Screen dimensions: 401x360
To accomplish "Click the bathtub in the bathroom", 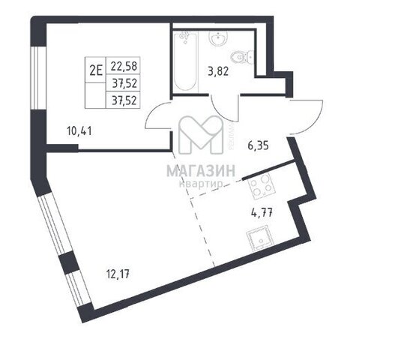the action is tap(185, 61).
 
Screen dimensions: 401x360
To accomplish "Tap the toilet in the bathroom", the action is tap(241, 58).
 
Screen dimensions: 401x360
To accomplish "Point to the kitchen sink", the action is tap(259, 238).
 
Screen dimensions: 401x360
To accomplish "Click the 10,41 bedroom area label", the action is tap(79, 131).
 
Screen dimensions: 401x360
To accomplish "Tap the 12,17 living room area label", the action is tap(118, 274).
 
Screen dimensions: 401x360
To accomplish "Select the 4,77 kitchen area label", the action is tap(261, 212).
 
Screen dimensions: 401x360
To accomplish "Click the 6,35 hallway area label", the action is tap(258, 146).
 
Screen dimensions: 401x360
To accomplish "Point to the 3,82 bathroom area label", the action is tap(218, 71).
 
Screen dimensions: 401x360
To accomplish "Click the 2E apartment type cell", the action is tap(96, 70).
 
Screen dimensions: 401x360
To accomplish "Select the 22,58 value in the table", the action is tap(124, 66).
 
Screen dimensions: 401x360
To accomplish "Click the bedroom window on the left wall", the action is tap(37, 78).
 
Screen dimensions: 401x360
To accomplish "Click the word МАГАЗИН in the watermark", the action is tap(201, 171).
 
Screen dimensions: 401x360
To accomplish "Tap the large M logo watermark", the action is tap(201, 135).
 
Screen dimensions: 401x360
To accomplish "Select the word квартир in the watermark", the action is tap(201, 183).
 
